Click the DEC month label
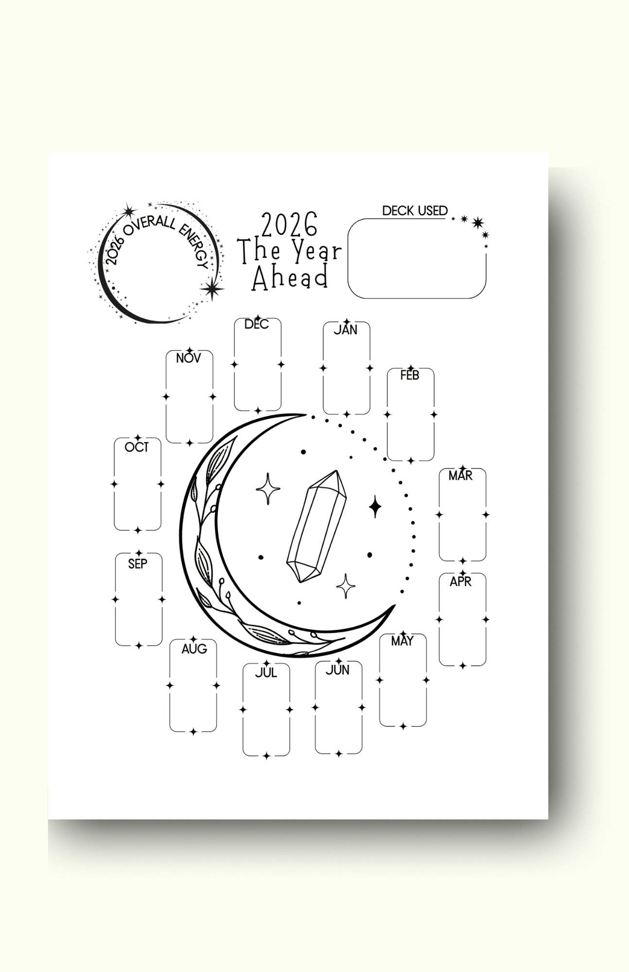(x=256, y=324)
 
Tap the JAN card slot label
(x=345, y=330)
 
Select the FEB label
(x=409, y=375)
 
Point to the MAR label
(x=460, y=476)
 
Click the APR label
(x=460, y=581)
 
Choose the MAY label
(x=402, y=642)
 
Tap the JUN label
(x=337, y=670)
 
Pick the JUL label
(x=266, y=673)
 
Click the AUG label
(x=194, y=649)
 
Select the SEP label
(x=138, y=564)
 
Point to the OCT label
(x=137, y=447)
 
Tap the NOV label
(x=188, y=358)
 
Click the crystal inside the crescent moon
(x=316, y=526)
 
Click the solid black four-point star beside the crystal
(x=375, y=507)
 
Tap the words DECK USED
(x=415, y=211)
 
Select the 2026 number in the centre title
(x=289, y=225)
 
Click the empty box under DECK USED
(x=417, y=259)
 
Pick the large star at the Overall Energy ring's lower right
(x=211, y=289)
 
